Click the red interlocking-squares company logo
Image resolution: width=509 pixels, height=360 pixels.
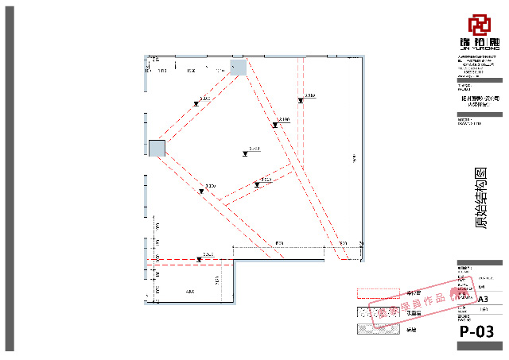(479, 24)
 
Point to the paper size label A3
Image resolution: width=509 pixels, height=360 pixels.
(482, 299)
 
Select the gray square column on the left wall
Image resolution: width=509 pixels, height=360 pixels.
(157, 148)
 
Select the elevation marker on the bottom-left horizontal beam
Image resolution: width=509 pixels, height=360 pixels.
(198, 259)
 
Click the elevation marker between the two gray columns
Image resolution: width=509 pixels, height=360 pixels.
(196, 103)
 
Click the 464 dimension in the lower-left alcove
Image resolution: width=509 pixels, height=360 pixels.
(189, 293)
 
